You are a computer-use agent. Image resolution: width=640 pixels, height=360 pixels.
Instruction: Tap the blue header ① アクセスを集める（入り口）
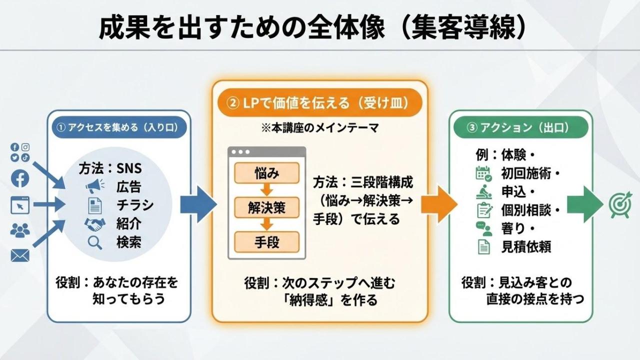pos(119,127)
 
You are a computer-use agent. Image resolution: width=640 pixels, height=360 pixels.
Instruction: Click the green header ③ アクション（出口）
pos(520,127)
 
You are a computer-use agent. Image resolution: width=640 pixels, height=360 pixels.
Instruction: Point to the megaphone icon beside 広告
pos(94,187)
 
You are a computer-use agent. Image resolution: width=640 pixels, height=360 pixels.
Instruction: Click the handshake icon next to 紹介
pos(94,223)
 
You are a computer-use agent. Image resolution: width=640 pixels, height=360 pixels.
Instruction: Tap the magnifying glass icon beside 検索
pos(94,242)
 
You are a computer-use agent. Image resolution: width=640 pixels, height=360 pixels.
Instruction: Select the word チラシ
pos(135,205)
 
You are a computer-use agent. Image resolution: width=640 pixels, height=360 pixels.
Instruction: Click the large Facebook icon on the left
pos(20,178)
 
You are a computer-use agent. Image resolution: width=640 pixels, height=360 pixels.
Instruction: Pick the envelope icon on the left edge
pos(20,256)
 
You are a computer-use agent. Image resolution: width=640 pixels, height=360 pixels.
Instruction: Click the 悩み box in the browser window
pos(266,174)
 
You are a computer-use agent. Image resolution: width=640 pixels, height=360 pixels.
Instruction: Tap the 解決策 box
pos(266,207)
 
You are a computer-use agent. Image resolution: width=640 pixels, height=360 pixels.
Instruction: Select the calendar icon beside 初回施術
pos(483,173)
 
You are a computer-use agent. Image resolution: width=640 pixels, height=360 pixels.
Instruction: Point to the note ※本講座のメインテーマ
pos(319,128)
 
